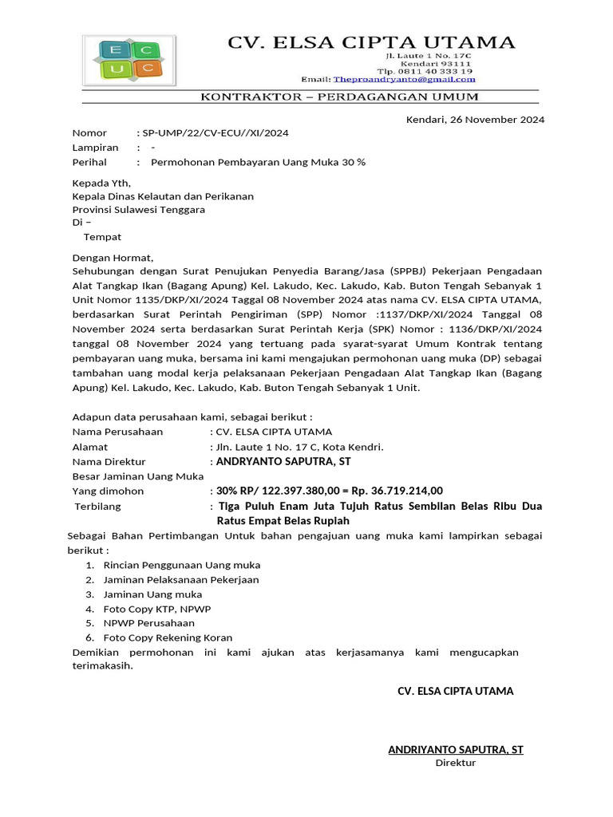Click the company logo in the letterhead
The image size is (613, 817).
point(128,60)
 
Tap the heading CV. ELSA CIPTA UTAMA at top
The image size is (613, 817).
point(372,42)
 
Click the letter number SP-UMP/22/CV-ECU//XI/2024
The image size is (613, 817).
point(214,133)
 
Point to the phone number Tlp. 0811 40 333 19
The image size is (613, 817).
point(430,71)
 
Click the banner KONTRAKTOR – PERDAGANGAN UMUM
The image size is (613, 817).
point(339,97)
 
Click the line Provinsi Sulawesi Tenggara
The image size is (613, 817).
point(139,210)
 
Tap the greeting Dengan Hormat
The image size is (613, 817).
point(112,258)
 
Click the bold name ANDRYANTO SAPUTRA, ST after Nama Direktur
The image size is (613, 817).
point(283,461)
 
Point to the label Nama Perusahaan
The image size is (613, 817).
point(117,432)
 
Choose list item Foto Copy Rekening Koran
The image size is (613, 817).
point(168,637)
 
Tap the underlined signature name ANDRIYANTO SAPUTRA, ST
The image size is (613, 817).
point(456,749)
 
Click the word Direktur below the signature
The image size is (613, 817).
point(455,763)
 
